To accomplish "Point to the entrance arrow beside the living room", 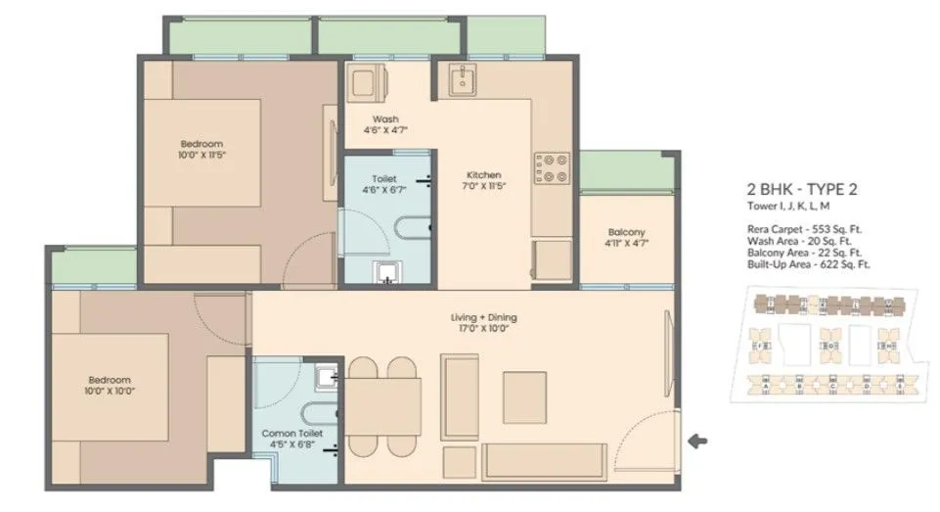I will point(697,442).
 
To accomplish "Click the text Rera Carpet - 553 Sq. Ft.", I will point(803,229).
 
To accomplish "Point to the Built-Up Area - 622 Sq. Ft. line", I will point(808,264).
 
